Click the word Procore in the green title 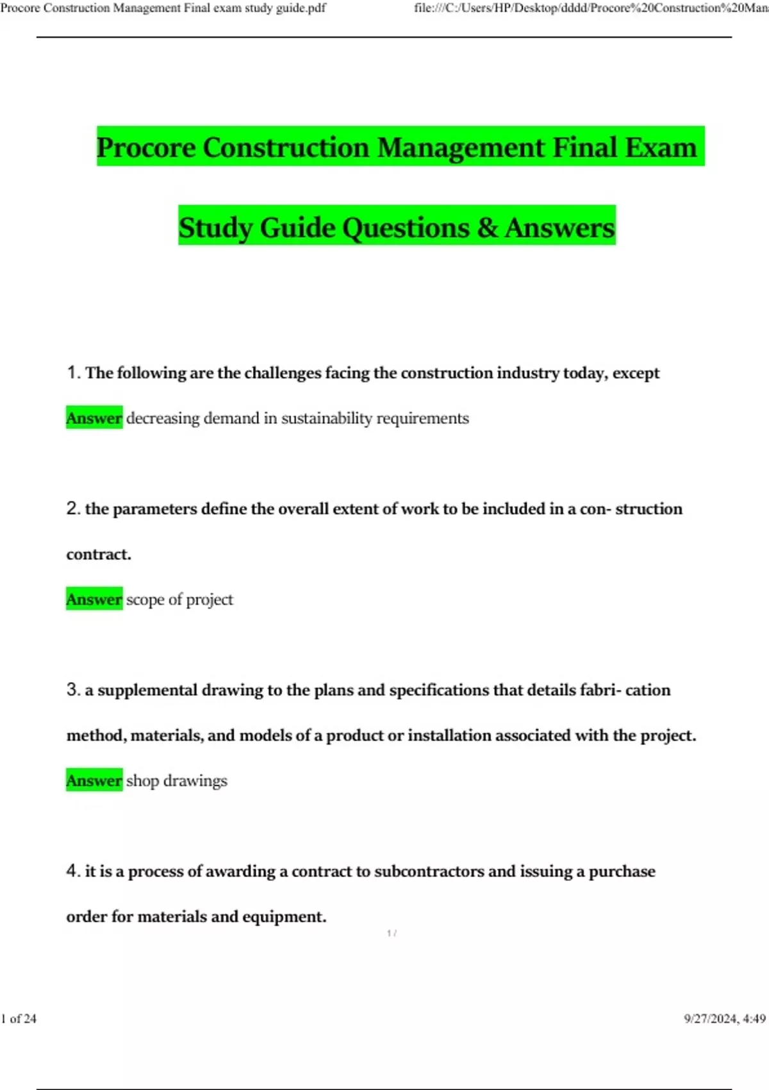[146, 147]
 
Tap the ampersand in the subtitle [487, 227]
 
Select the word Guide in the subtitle [297, 228]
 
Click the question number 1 [72, 373]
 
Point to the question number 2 [72, 508]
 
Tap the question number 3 [72, 690]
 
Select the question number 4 [72, 871]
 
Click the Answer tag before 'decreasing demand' [94, 418]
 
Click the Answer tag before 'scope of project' [94, 599]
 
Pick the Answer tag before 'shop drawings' [94, 780]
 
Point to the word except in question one [636, 373]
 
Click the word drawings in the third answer [195, 781]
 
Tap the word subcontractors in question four [429, 871]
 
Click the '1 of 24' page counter [19, 1019]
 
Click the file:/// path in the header [590, 8]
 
